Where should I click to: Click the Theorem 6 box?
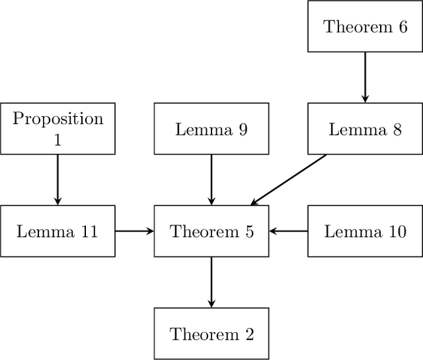click(365, 26)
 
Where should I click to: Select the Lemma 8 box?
click(365, 129)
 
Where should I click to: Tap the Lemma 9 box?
click(211, 129)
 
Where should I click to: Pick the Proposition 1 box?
click(58, 129)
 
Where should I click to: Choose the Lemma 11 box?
click(58, 231)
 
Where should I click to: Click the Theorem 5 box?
click(211, 231)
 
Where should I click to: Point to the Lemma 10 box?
click(365, 231)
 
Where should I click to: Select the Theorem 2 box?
click(211, 334)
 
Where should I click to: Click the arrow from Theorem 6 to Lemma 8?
click(365, 77)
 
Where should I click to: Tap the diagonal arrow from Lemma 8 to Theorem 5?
click(289, 180)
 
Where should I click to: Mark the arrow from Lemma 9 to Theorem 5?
click(211, 180)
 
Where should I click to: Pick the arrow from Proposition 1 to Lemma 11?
click(58, 180)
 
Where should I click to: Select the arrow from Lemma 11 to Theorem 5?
click(135, 231)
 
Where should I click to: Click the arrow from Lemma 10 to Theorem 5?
click(288, 231)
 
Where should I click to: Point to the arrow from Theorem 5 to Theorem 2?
click(211, 282)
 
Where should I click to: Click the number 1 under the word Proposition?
click(58, 139)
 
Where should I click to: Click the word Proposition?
click(58, 119)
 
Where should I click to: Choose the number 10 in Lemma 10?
click(397, 232)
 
